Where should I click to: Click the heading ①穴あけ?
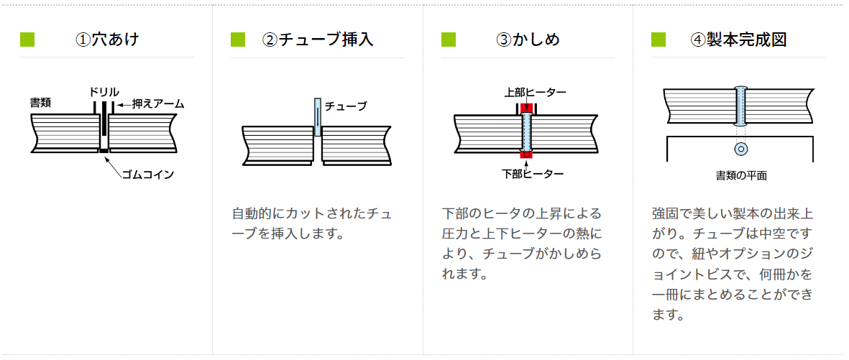click(x=107, y=39)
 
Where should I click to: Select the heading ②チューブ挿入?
click(x=318, y=39)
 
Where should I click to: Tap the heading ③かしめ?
click(x=528, y=39)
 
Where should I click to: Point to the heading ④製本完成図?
click(x=738, y=39)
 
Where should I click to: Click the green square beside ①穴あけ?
click(x=27, y=39)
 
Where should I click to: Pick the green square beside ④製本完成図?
click(x=658, y=39)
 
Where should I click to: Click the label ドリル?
click(x=104, y=92)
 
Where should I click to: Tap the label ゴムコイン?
click(x=148, y=174)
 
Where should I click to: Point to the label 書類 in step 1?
click(x=40, y=103)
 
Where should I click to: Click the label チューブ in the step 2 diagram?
click(x=346, y=106)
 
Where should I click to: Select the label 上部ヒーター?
click(x=534, y=92)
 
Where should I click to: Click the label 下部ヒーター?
click(x=533, y=173)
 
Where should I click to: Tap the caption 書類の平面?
click(x=740, y=175)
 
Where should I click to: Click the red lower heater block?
click(x=526, y=154)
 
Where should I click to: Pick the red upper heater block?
click(x=526, y=108)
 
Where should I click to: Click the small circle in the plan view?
click(x=740, y=149)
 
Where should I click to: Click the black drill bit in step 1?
click(x=104, y=119)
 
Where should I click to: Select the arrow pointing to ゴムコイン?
click(x=113, y=163)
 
